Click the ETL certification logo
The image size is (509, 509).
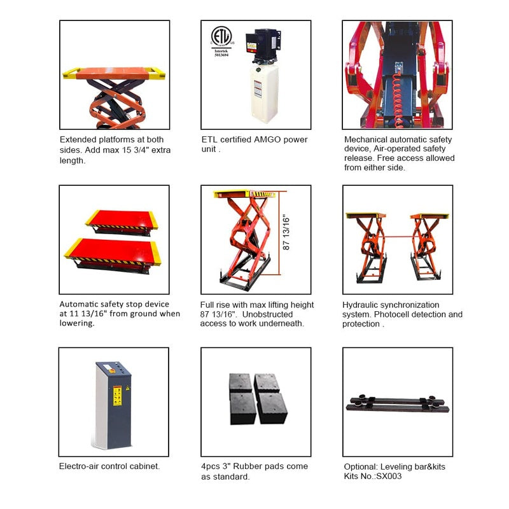coord(221,40)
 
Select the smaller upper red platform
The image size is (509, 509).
coord(121,220)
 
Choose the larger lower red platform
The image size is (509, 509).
coord(112,253)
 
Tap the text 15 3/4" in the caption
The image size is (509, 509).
coord(150,150)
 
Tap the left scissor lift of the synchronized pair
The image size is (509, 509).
coord(368,248)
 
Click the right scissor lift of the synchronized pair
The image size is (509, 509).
coord(429,248)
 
